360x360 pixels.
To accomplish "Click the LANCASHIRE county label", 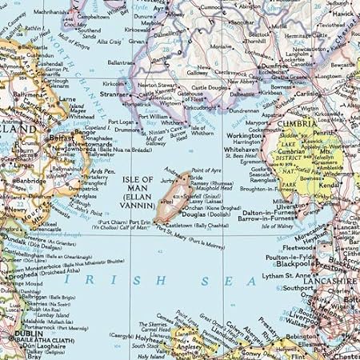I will click(328, 282).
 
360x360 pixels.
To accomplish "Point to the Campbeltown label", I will click(94, 16).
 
